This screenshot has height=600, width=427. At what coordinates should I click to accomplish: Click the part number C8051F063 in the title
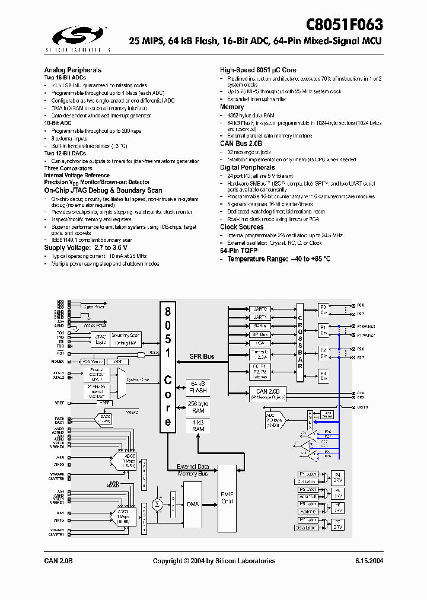coord(345,25)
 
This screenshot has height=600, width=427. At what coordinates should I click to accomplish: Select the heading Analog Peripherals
coord(72,70)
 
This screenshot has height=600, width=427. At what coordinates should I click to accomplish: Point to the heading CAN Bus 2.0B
coord(241,144)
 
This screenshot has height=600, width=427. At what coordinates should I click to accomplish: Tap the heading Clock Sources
coord(241,227)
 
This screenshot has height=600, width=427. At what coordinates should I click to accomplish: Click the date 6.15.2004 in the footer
coord(369,561)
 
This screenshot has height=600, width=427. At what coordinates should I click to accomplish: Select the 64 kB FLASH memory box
coord(198,387)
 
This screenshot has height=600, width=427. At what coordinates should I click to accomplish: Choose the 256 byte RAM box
coord(198,407)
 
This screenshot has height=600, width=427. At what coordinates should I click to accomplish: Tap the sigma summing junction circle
coord(157,504)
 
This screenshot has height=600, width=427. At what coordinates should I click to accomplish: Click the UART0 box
coord(260,309)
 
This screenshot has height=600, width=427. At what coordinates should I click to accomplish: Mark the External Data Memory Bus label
coord(193,470)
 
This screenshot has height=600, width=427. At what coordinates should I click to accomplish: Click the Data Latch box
coord(305,528)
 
